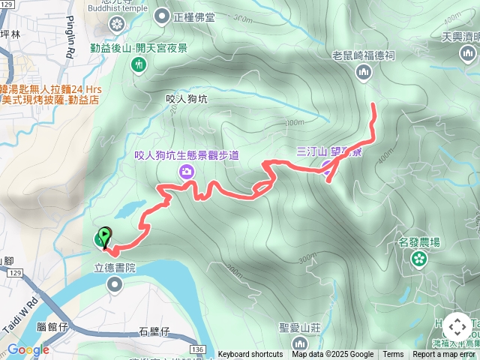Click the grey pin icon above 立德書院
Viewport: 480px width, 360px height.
tap(115, 283)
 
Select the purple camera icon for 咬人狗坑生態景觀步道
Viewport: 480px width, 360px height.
tap(185, 172)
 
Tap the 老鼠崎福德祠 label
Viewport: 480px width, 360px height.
tap(364, 55)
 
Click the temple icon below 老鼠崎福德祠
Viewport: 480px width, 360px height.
tap(364, 71)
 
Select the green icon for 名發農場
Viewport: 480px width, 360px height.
tap(418, 259)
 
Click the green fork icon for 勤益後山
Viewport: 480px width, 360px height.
tap(139, 65)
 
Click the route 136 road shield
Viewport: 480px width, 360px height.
tap(197, 349)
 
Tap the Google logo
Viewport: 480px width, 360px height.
tap(28, 349)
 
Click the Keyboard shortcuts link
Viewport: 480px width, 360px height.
tap(250, 355)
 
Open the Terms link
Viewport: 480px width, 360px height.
tap(393, 355)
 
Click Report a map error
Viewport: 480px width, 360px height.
tap(444, 355)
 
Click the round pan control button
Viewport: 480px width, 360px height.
tap(457, 327)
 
